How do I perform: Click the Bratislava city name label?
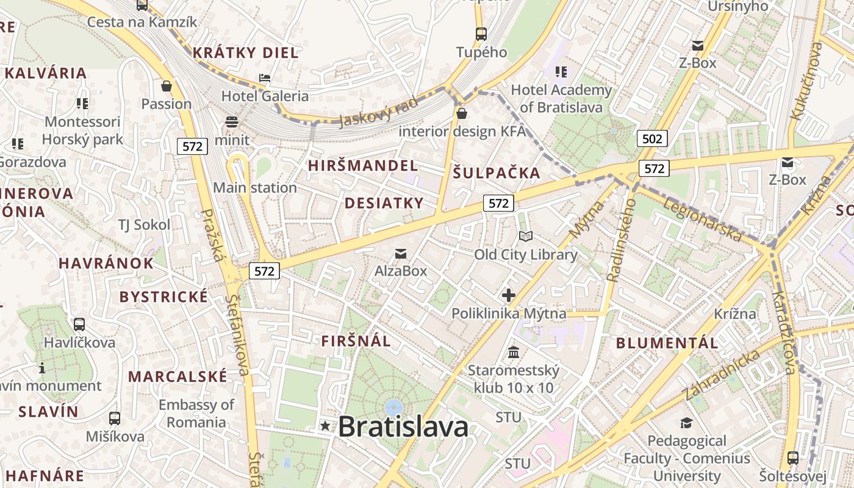click(403, 426)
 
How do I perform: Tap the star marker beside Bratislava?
click(325, 426)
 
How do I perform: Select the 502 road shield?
click(651, 138)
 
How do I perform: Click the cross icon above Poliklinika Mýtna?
click(508, 296)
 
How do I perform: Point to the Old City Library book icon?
click(525, 236)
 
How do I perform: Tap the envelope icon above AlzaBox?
click(400, 253)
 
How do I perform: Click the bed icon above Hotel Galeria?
click(265, 78)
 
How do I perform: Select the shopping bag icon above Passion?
click(166, 86)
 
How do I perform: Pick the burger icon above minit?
click(232, 121)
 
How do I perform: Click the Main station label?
click(255, 187)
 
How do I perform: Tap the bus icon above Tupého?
click(481, 34)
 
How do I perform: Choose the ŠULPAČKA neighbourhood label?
click(497, 173)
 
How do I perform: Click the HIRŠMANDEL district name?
click(363, 165)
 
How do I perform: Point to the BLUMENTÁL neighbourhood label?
click(667, 343)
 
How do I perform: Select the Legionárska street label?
click(702, 220)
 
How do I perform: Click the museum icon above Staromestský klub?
click(514, 353)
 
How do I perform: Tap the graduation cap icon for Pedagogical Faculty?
click(686, 423)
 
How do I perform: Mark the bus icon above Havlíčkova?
click(79, 325)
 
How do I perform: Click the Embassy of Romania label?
click(196, 413)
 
